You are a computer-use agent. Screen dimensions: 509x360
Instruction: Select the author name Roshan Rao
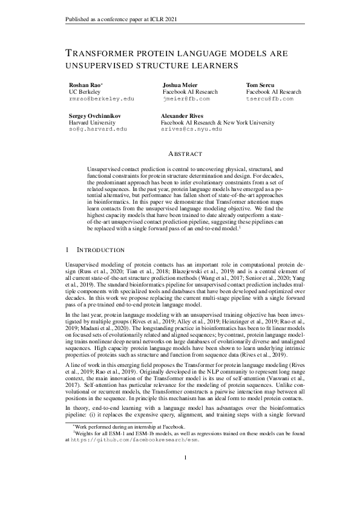tap(85, 85)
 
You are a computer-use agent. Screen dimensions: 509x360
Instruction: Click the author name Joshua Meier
tap(182, 85)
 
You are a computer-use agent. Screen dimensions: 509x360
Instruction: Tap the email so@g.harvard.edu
tap(98, 129)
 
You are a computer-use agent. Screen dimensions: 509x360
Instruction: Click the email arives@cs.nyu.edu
tap(194, 129)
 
